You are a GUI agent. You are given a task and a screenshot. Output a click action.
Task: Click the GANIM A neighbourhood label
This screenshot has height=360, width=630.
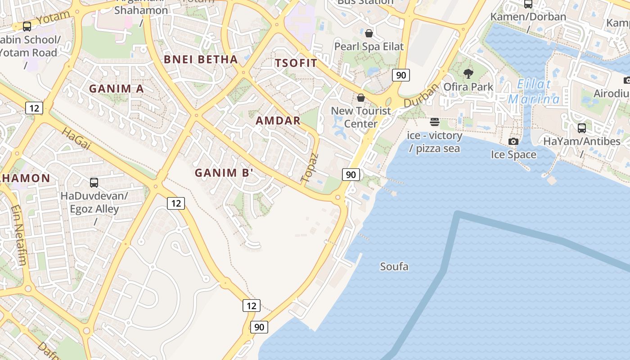pos(117,89)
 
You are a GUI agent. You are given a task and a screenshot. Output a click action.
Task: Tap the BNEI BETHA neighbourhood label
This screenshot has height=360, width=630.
pos(201,59)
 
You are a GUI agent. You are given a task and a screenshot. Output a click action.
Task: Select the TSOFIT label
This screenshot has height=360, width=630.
pos(296,63)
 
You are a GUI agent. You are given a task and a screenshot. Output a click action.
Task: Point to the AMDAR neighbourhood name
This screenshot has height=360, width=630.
pos(278,121)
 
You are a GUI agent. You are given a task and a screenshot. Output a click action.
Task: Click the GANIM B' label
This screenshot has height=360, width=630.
pos(224,172)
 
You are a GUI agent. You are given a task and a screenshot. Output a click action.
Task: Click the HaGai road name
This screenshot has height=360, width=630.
pos(73,139)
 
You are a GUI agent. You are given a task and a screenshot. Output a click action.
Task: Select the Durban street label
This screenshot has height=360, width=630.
pos(421,95)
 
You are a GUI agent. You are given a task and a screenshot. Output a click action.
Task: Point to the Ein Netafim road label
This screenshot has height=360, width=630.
pos(19,234)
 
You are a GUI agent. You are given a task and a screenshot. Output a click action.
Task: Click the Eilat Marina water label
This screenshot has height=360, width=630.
pos(534,92)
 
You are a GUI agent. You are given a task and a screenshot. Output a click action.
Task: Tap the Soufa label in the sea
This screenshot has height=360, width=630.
pos(394,266)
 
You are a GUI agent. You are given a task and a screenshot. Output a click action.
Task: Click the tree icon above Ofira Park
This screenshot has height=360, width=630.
pos(468,74)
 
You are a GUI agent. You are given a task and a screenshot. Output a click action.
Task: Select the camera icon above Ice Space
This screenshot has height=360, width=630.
pos(513,142)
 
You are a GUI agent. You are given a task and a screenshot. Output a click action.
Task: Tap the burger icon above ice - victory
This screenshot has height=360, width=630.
pos(434,122)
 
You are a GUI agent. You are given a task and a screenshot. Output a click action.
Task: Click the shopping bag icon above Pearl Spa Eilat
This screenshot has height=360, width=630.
pos(369,33)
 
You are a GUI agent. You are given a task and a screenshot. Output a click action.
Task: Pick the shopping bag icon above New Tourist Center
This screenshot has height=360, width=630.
pos(360,98)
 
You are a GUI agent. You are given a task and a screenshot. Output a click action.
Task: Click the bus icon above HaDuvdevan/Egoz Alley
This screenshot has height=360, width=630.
pos(94,183)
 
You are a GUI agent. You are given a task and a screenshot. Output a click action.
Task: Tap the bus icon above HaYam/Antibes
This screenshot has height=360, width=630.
pos(581,128)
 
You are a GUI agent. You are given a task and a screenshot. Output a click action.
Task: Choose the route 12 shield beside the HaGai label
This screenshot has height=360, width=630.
pos(34,108)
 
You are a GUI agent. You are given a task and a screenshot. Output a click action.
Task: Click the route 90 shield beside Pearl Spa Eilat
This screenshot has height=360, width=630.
pos(400,75)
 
